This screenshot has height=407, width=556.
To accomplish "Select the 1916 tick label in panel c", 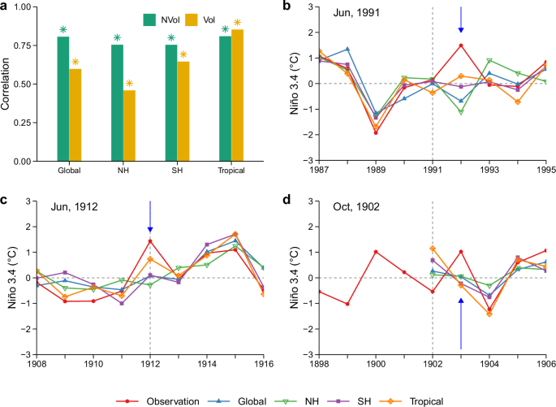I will click(x=262, y=362).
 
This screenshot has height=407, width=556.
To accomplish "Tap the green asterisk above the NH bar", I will click(x=117, y=37).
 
